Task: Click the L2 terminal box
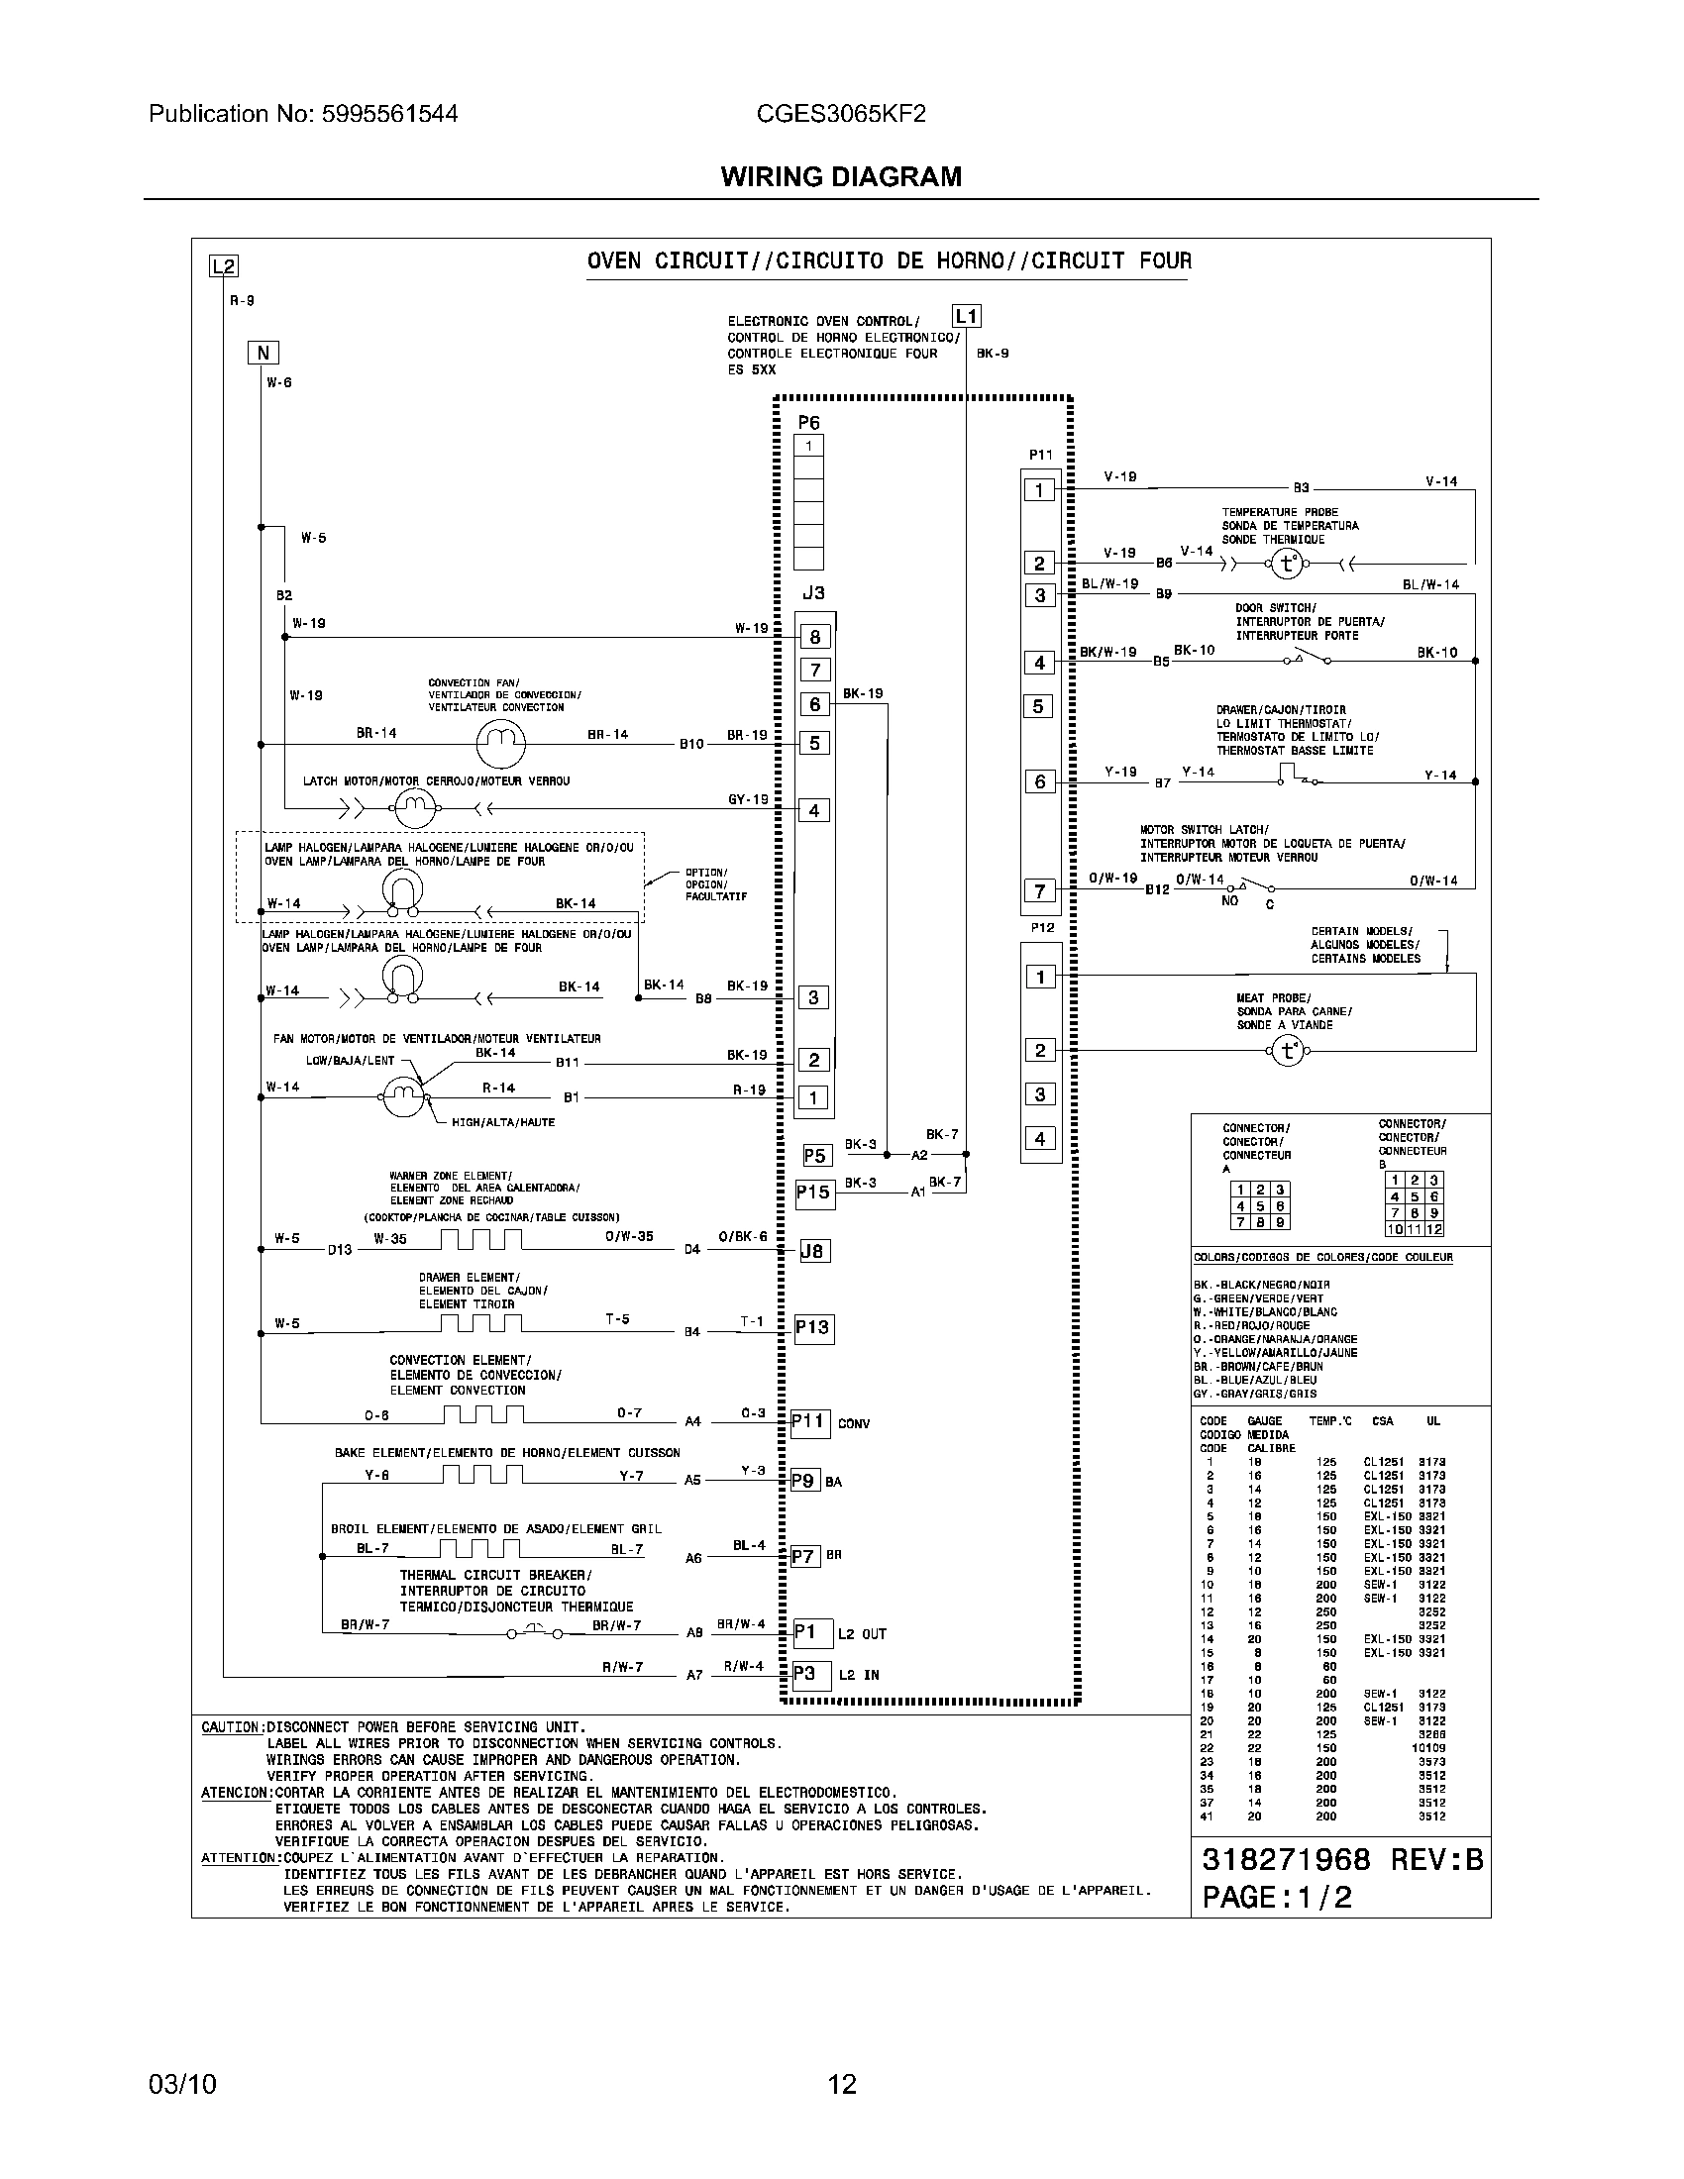(223, 266)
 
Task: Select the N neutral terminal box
(263, 353)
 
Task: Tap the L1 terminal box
(966, 316)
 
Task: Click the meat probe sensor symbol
(1287, 1051)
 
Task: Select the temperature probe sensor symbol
(1287, 564)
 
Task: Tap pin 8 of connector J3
(815, 637)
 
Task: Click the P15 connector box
(813, 1193)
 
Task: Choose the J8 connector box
(814, 1250)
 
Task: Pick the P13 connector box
(812, 1327)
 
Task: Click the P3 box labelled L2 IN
(804, 1673)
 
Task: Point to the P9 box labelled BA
(804, 1481)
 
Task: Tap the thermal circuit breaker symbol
(534, 1632)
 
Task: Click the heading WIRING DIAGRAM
(841, 176)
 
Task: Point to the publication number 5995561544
(389, 114)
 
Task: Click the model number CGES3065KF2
(841, 114)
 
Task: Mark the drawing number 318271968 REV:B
(1342, 1859)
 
